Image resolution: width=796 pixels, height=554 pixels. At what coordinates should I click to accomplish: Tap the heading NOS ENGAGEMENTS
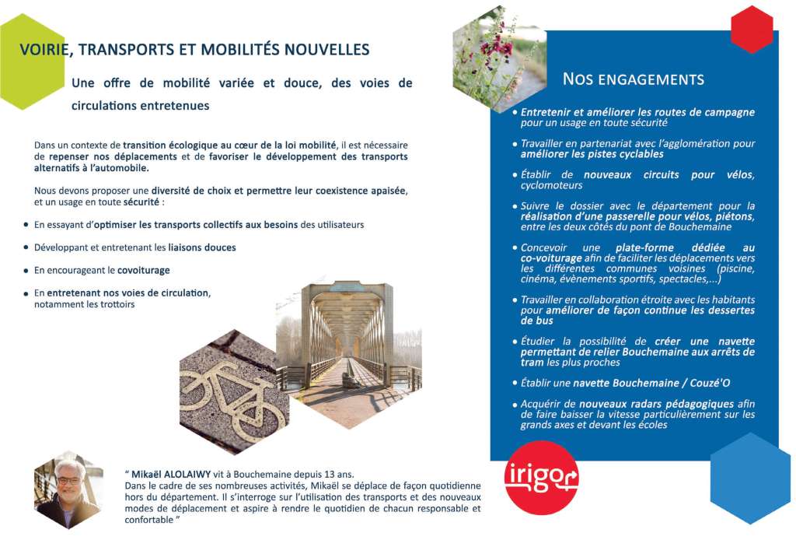coord(633,79)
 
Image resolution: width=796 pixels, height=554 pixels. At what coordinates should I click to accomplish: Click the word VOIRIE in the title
coord(46,50)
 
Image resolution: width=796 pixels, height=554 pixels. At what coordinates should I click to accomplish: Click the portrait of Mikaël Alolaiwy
coord(68,492)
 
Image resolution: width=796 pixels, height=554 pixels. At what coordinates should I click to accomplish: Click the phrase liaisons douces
coord(201,247)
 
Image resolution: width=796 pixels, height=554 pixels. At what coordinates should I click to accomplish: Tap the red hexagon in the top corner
coord(752,29)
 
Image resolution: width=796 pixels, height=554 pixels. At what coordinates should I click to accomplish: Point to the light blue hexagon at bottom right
coord(750,478)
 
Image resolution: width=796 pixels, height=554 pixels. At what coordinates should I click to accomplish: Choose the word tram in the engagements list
coord(532,363)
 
